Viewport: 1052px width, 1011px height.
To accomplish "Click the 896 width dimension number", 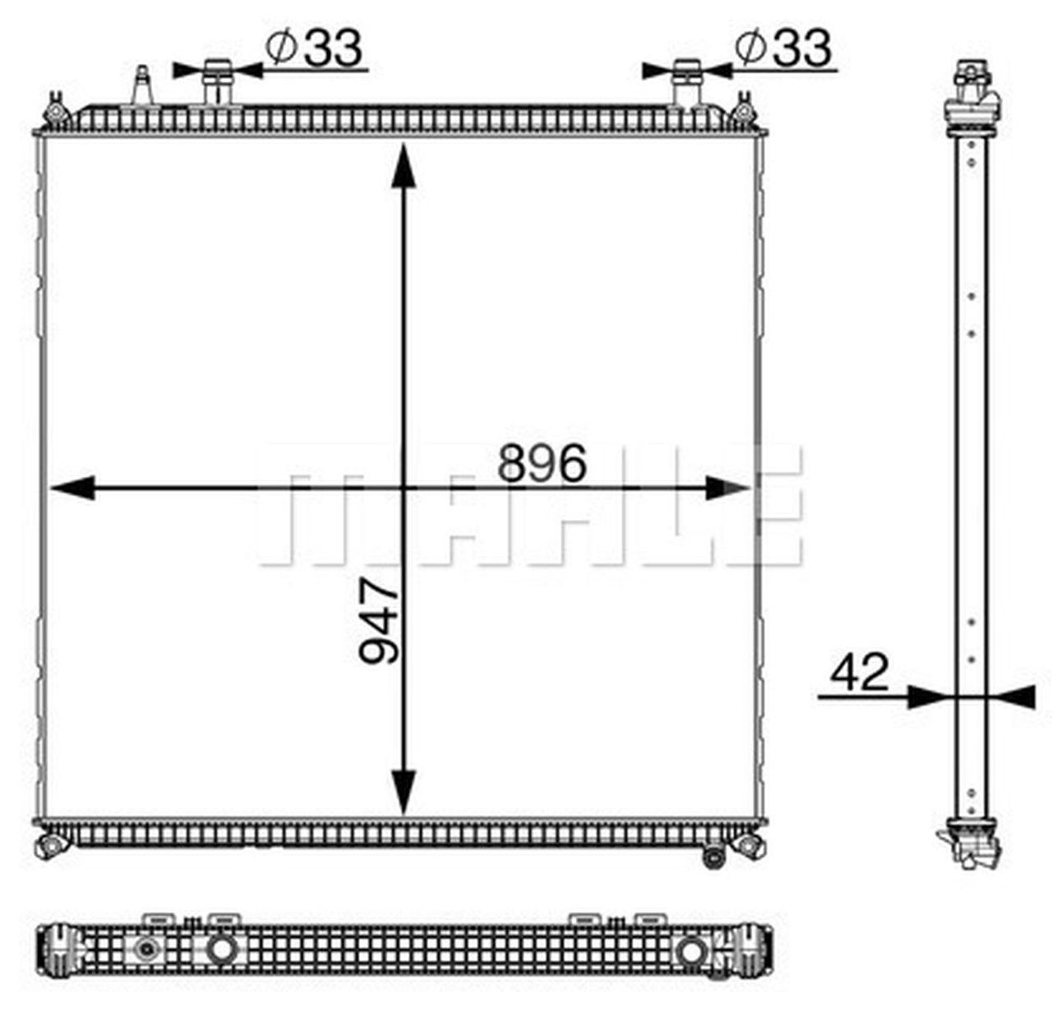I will coord(542,463).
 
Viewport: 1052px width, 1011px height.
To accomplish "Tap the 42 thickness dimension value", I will coord(860,673).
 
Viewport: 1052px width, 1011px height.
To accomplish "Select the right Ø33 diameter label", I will coord(784,48).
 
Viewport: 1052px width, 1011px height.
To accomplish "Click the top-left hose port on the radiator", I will coord(218,82).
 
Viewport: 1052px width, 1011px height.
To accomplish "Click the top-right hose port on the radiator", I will coord(685,82).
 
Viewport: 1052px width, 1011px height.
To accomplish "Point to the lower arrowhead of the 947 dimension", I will coord(403,793).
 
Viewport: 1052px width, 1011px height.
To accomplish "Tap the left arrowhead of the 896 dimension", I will coord(72,488).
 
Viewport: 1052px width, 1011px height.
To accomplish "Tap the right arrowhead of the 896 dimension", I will coord(728,488).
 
